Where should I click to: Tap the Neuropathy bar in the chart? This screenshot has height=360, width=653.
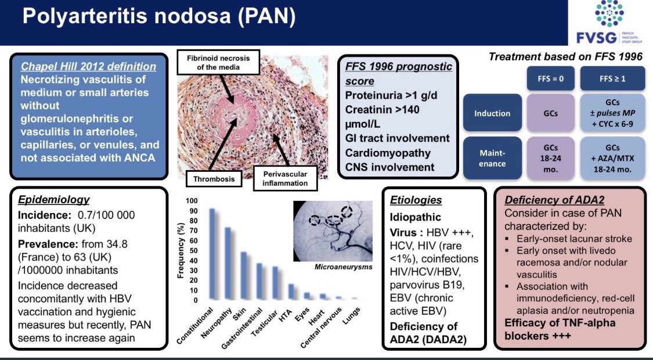tap(228, 264)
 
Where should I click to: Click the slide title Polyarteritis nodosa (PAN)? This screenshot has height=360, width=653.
tap(158, 17)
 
